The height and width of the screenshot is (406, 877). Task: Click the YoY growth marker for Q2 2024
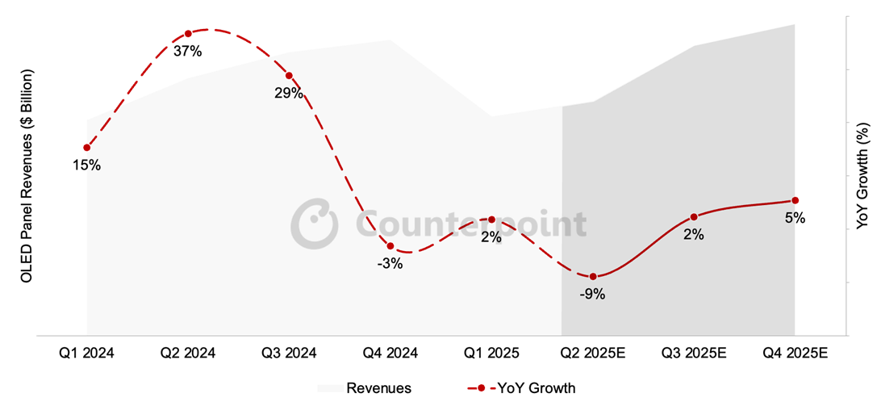(188, 34)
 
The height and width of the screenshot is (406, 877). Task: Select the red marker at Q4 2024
(390, 246)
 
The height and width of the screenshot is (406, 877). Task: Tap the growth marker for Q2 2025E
(593, 277)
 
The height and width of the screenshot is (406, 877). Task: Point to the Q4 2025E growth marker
(795, 200)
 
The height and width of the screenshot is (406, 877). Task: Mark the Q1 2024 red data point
(86, 148)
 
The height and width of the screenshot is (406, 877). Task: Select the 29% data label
(288, 94)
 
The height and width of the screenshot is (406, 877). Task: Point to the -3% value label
(390, 263)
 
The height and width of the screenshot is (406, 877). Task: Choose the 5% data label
(795, 217)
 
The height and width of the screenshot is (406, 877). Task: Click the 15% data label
(86, 165)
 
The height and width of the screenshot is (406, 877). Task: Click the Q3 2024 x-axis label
(289, 354)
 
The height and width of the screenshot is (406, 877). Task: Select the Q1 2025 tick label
(491, 354)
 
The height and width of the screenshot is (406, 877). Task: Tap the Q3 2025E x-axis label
(694, 354)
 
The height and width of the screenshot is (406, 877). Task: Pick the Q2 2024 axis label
(187, 354)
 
